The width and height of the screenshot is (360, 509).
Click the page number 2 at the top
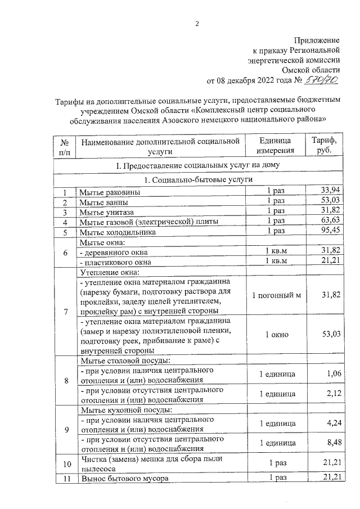(197, 23)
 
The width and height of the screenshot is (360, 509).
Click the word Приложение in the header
(318, 40)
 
